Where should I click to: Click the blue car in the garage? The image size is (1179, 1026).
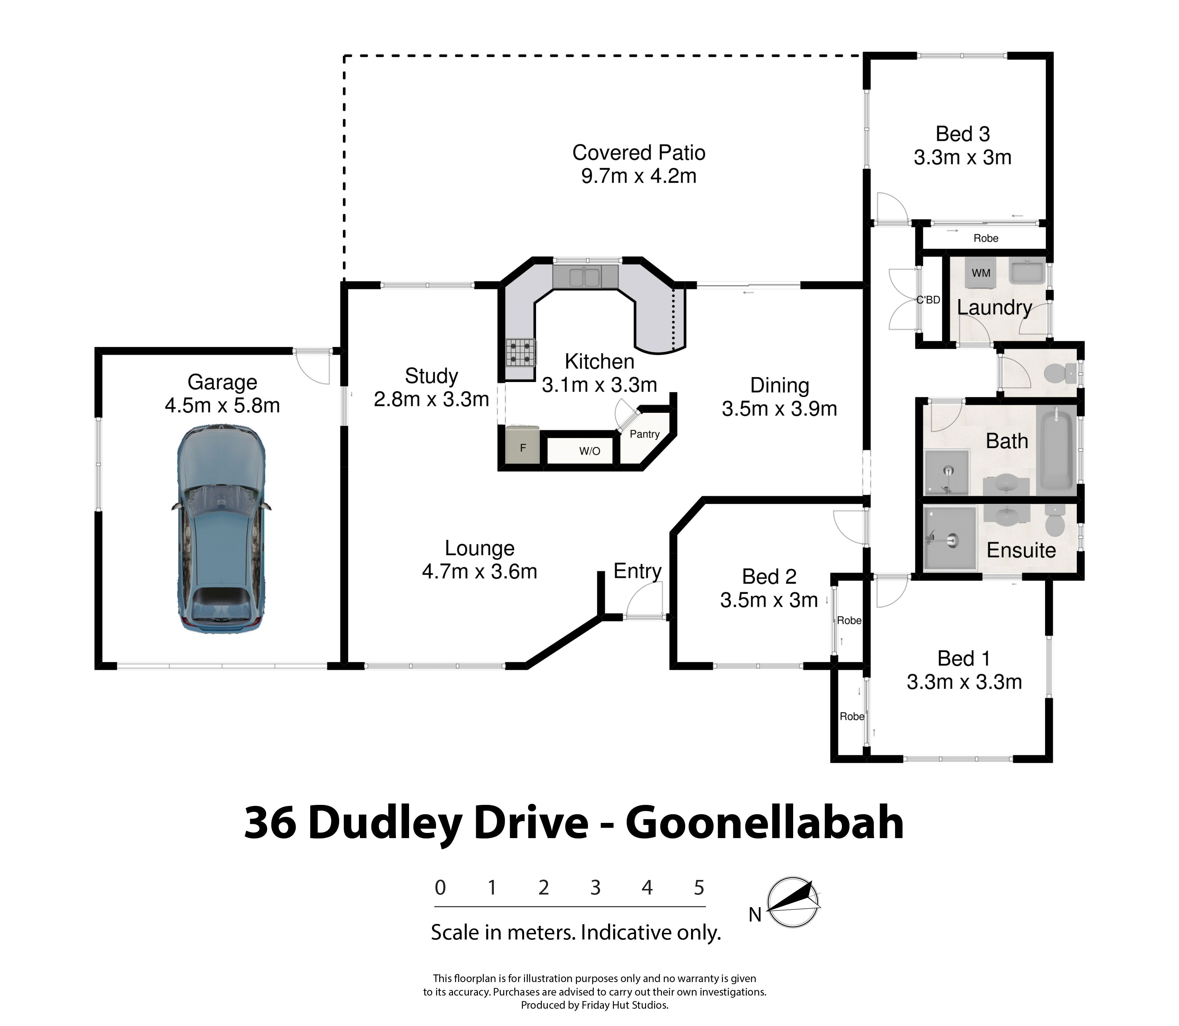pyautogui.click(x=221, y=528)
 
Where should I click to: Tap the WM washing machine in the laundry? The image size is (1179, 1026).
pyautogui.click(x=981, y=273)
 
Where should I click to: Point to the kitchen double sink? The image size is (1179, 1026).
pyautogui.click(x=584, y=278)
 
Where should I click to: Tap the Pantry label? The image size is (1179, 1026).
pyautogui.click(x=645, y=434)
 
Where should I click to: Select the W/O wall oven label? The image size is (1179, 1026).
pyautogui.click(x=590, y=451)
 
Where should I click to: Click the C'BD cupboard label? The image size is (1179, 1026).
pyautogui.click(x=928, y=299)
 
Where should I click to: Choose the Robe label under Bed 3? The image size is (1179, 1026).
pyautogui.click(x=986, y=238)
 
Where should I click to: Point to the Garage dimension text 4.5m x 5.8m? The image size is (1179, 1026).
pyautogui.click(x=222, y=405)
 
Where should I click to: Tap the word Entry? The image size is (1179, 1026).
pyautogui.click(x=637, y=571)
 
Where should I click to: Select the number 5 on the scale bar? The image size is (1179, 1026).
pyautogui.click(x=699, y=888)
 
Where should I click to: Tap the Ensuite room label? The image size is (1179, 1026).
pyautogui.click(x=1021, y=550)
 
